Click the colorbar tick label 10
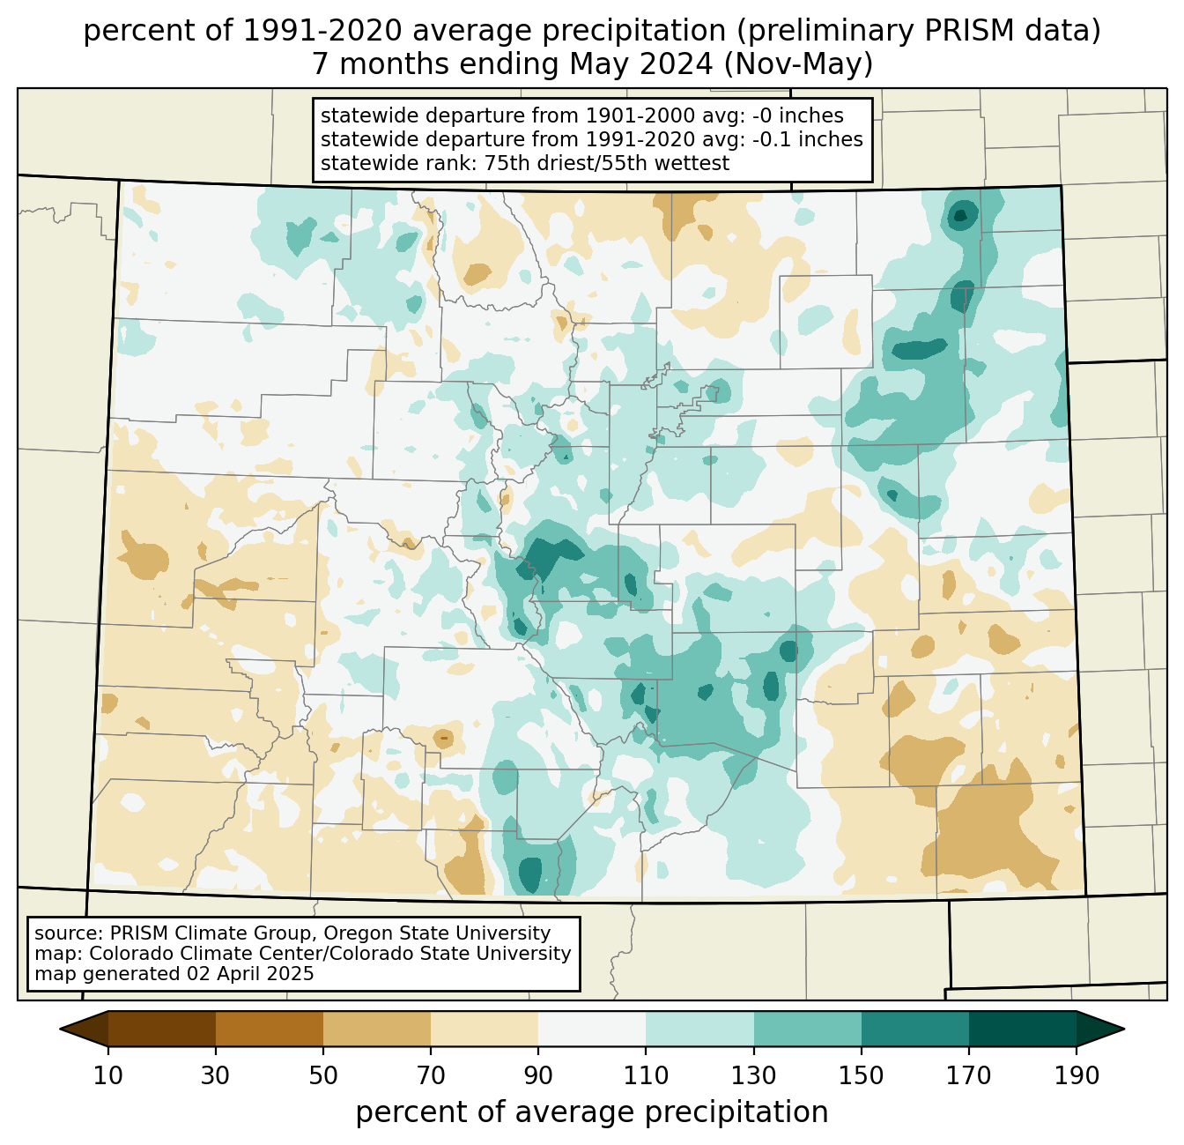point(107,1075)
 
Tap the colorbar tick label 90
point(538,1075)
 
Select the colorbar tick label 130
point(753,1075)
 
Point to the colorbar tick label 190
point(1077,1075)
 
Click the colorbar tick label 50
point(323,1075)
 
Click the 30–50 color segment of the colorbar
point(269,1029)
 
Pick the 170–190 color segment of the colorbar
point(1022,1029)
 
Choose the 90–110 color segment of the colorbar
point(592,1029)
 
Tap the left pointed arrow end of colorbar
point(84,1029)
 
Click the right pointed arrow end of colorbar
point(1100,1029)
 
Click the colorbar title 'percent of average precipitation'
point(592,1112)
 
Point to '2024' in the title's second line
point(682,64)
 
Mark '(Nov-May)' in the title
point(798,64)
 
